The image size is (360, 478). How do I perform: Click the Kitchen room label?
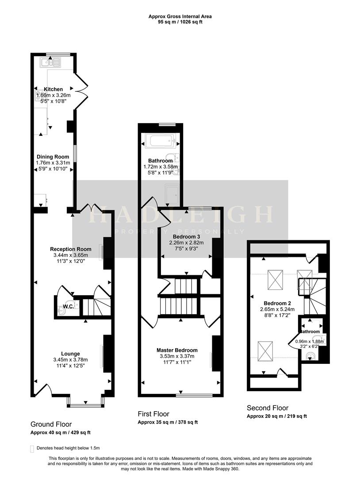tap(53, 89)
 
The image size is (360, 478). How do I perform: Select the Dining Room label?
tap(53, 157)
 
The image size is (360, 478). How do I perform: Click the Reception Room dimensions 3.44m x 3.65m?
tap(70, 255)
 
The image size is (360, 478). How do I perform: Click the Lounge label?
tap(70, 354)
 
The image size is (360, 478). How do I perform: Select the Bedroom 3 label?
tap(186, 237)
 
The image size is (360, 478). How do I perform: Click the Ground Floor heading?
tap(51, 424)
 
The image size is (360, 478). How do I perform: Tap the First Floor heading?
tap(153, 414)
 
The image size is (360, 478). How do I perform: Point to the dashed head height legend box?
tap(32, 448)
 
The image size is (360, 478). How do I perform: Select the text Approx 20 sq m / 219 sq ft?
tap(276, 416)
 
